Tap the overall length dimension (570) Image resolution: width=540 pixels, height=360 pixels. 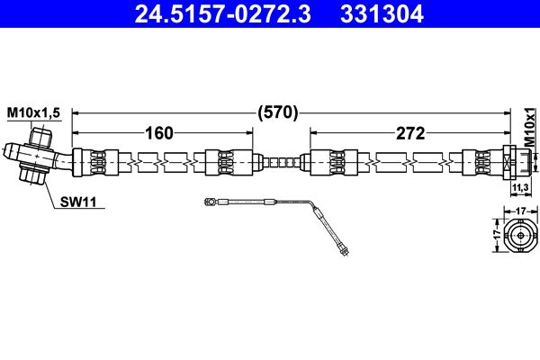[278, 112]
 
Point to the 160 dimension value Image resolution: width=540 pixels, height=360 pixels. [158, 133]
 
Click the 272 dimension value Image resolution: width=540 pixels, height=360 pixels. [409, 133]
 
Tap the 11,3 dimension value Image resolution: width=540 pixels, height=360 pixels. [519, 188]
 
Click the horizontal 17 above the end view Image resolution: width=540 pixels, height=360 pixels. [519, 211]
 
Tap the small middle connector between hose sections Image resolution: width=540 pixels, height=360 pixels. [278, 163]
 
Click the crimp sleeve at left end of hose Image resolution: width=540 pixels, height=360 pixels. [95, 163]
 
